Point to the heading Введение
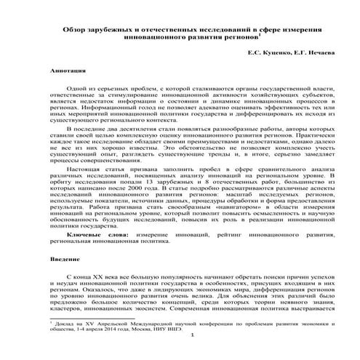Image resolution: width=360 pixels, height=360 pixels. pos(66,260)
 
